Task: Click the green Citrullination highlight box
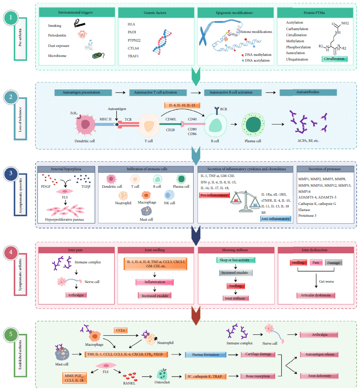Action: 334,59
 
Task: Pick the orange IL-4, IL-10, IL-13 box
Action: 179,105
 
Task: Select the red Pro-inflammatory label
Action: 214,195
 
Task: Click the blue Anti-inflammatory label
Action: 276,219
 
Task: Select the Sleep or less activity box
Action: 235,260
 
